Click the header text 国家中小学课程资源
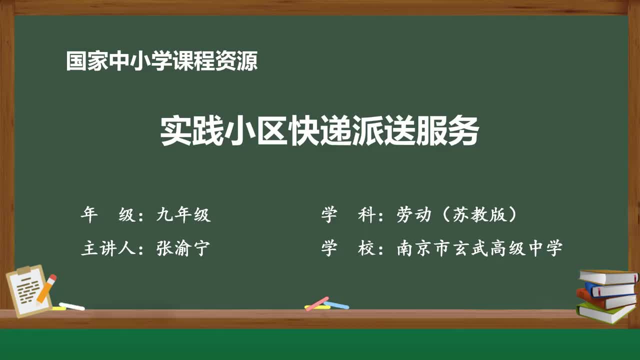(162, 61)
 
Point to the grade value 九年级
(183, 215)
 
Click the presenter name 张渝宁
(183, 248)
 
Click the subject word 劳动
(414, 215)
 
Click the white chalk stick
(72, 306)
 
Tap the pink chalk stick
(317, 303)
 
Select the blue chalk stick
(337, 305)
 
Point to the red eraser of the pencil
(52, 277)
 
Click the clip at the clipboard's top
(23, 270)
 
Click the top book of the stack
(608, 276)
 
